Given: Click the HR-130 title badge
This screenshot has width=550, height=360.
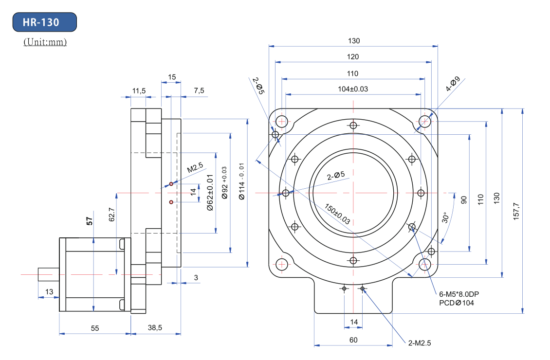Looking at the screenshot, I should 44,22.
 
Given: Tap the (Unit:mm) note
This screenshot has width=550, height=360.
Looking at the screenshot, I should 45,42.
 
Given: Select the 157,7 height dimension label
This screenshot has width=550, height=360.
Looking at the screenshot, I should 516,210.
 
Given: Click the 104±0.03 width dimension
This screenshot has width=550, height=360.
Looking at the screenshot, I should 353,89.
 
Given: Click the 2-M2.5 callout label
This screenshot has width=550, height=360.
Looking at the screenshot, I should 420,343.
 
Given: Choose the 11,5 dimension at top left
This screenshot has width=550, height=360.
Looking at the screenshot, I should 139,91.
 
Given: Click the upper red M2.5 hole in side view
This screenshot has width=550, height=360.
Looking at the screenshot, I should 171,184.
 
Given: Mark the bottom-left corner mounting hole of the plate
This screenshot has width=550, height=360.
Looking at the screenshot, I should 281,264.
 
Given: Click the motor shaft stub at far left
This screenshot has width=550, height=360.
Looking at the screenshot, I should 49,274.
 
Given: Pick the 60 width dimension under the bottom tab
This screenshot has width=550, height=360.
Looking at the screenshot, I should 354,340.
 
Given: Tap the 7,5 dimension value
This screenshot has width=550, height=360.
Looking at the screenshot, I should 199,91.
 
